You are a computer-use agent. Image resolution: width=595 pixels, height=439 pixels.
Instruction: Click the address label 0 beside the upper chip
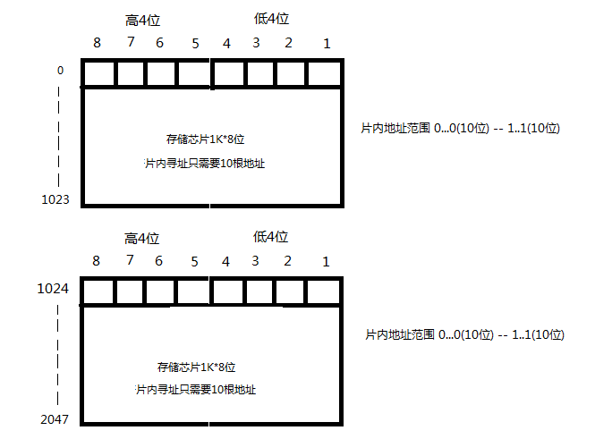pyautogui.click(x=60, y=69)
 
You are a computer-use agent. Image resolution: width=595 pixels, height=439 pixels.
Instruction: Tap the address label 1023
pyautogui.click(x=55, y=198)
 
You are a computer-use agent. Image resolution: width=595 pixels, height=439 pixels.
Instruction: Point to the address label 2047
pyautogui.click(x=55, y=418)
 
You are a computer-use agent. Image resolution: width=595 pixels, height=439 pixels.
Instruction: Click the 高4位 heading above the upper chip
pyautogui.click(x=144, y=20)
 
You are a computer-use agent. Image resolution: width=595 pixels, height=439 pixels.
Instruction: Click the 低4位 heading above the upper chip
pyautogui.click(x=272, y=19)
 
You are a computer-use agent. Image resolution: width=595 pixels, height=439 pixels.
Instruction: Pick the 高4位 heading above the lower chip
pyautogui.click(x=141, y=238)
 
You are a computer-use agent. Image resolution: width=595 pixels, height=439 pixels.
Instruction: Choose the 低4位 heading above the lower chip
pyautogui.click(x=271, y=237)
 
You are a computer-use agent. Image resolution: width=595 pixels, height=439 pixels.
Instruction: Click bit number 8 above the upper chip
pyautogui.click(x=97, y=43)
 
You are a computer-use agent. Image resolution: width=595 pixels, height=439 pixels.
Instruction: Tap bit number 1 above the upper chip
pyautogui.click(x=327, y=43)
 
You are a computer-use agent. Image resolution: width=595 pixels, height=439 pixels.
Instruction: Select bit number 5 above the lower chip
pyautogui.click(x=194, y=261)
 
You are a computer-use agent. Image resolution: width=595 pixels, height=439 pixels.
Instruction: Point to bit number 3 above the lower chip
pyautogui.click(x=256, y=261)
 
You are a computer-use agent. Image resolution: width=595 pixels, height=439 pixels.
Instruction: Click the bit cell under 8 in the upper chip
pyautogui.click(x=98, y=73)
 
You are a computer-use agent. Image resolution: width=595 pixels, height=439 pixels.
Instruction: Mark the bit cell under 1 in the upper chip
pyautogui.click(x=325, y=73)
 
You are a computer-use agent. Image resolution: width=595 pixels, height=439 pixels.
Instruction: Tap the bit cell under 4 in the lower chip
pyautogui.click(x=227, y=291)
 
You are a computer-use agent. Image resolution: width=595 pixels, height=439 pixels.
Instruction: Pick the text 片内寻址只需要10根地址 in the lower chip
pyautogui.click(x=200, y=390)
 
